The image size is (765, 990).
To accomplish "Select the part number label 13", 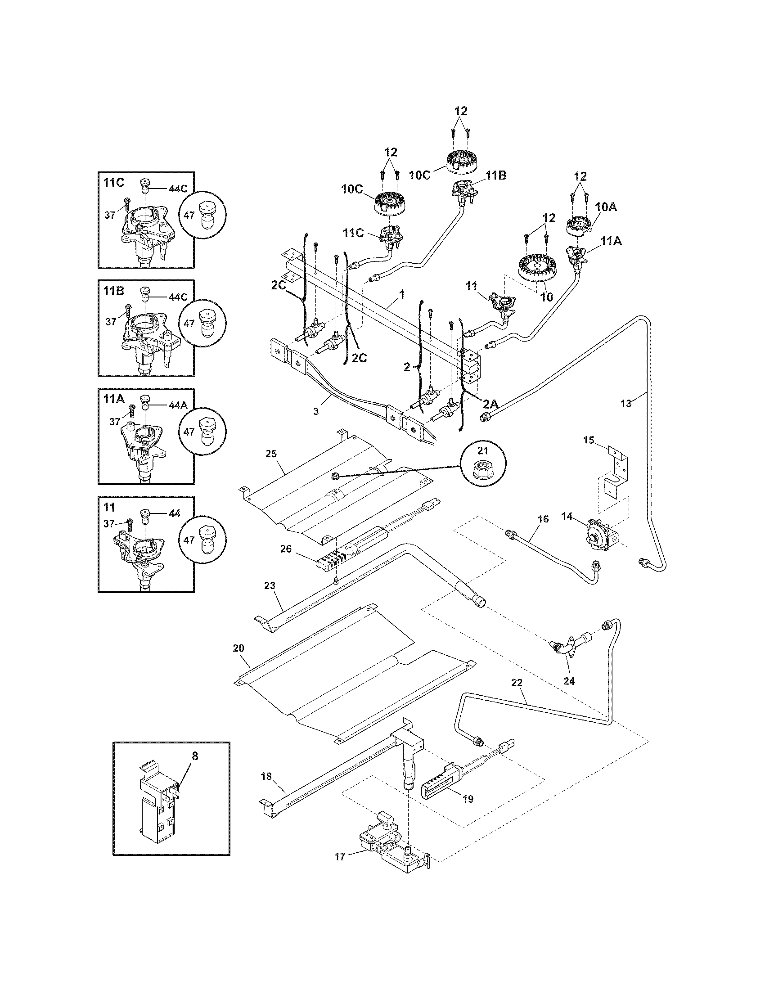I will click(x=625, y=404).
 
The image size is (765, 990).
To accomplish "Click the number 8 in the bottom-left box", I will click(x=195, y=756).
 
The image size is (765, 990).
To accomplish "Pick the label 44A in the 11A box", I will click(x=178, y=406).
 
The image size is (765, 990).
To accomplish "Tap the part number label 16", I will click(x=543, y=519).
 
